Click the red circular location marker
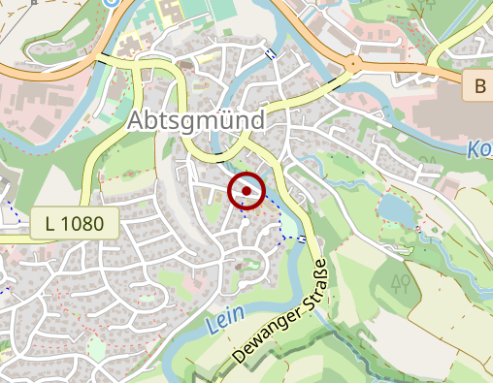(x=246, y=191)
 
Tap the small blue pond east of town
(x=393, y=207)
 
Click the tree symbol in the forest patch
(x=398, y=283)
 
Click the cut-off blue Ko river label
(x=479, y=150)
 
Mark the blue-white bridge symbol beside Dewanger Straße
(x=304, y=239)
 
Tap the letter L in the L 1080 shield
(x=51, y=224)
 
